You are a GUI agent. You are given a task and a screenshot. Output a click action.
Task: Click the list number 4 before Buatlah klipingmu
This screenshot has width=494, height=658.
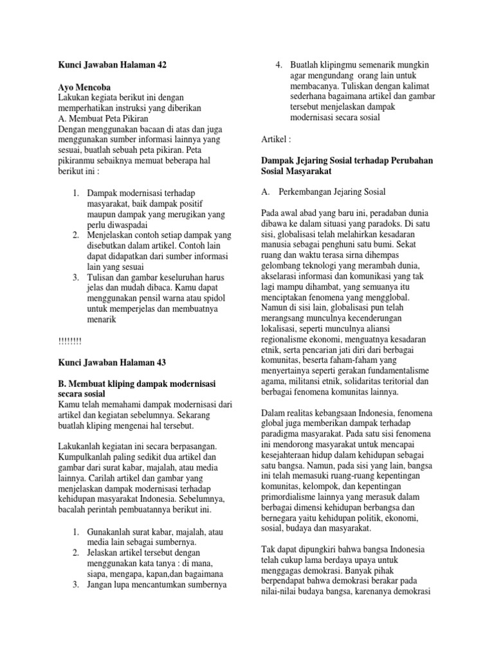click(279, 65)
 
